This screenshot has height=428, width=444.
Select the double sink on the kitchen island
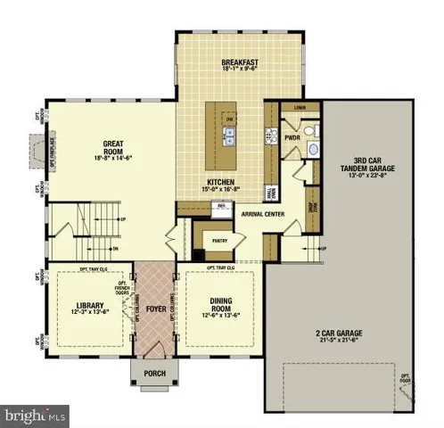[x=229, y=137]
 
